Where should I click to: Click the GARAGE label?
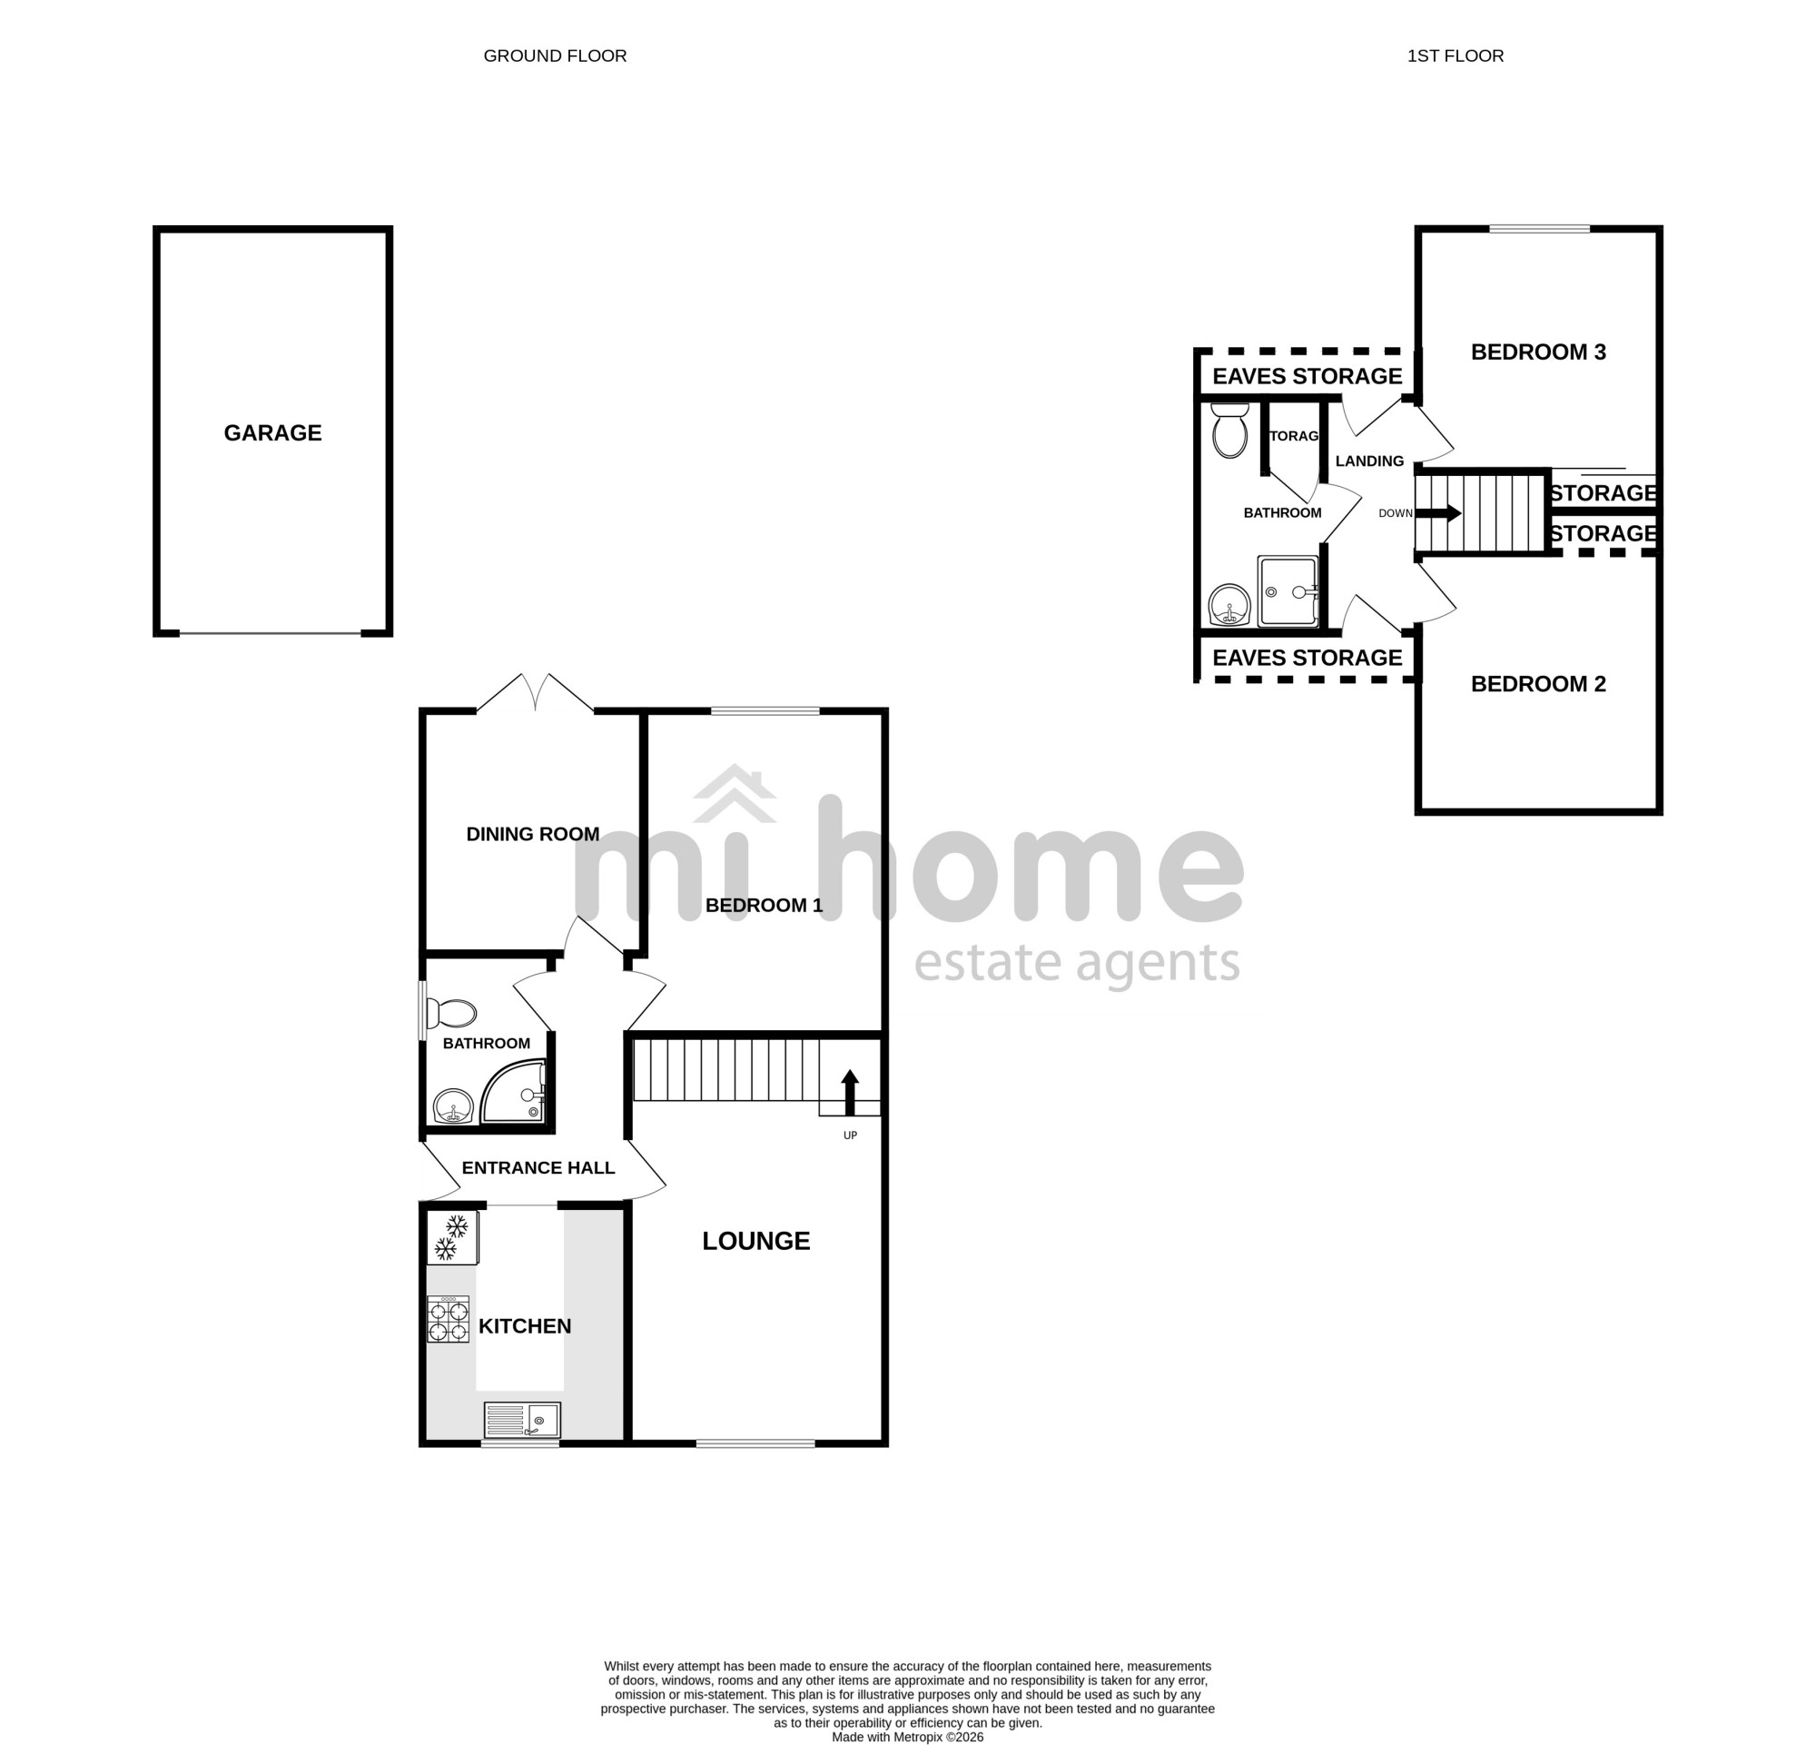272,432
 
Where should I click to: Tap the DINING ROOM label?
533,834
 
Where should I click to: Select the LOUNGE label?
756,1241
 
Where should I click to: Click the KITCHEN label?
525,1326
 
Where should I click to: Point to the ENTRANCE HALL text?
538,1167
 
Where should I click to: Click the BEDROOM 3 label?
1538,352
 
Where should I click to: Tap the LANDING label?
1369,461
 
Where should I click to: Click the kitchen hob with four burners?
448,1319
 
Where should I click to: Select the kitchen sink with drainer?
521,1420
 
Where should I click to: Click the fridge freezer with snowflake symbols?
451,1238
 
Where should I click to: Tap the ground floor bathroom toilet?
450,1014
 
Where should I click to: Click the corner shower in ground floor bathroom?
513,1093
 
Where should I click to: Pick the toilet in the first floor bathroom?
1229,429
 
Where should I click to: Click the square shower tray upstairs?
1287,590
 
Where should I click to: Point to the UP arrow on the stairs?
850,1092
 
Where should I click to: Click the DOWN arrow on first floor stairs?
1439,513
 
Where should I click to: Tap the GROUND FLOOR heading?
555,55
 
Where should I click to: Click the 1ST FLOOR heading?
1455,55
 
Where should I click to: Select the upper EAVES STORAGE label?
1307,376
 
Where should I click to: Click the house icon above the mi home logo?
735,793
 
